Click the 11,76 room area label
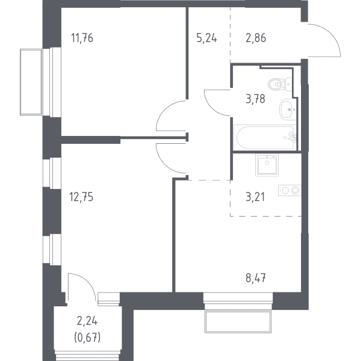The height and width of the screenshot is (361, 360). (82, 38)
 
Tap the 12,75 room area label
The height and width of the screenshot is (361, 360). (81, 197)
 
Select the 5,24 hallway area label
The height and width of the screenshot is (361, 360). (206, 38)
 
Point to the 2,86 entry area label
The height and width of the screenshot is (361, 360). (256, 38)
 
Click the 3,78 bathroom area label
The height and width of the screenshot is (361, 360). (255, 99)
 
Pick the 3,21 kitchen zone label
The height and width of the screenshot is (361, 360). (255, 197)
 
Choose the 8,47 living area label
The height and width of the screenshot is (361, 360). (256, 278)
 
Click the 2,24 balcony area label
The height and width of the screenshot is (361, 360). (87, 321)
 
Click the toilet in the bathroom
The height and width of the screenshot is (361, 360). (279, 84)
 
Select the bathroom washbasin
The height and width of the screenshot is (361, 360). (287, 110)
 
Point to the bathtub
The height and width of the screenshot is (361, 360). (265, 138)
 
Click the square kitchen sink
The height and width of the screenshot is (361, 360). (267, 165)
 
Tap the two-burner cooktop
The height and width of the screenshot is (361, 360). (290, 190)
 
